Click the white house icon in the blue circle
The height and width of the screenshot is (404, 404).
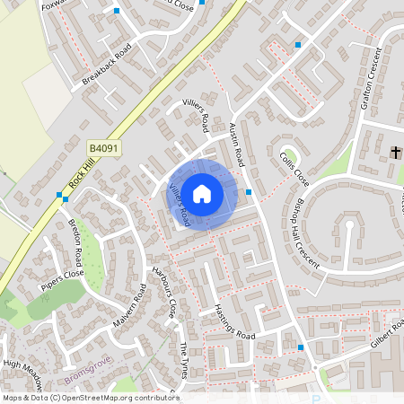[x=202, y=193]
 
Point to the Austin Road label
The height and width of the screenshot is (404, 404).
[x=237, y=143]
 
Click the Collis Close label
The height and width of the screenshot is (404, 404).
[x=294, y=169]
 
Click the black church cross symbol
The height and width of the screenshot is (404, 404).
[x=396, y=153]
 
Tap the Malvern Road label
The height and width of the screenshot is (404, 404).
[x=129, y=306]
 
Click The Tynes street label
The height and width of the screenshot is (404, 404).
[x=184, y=361]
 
